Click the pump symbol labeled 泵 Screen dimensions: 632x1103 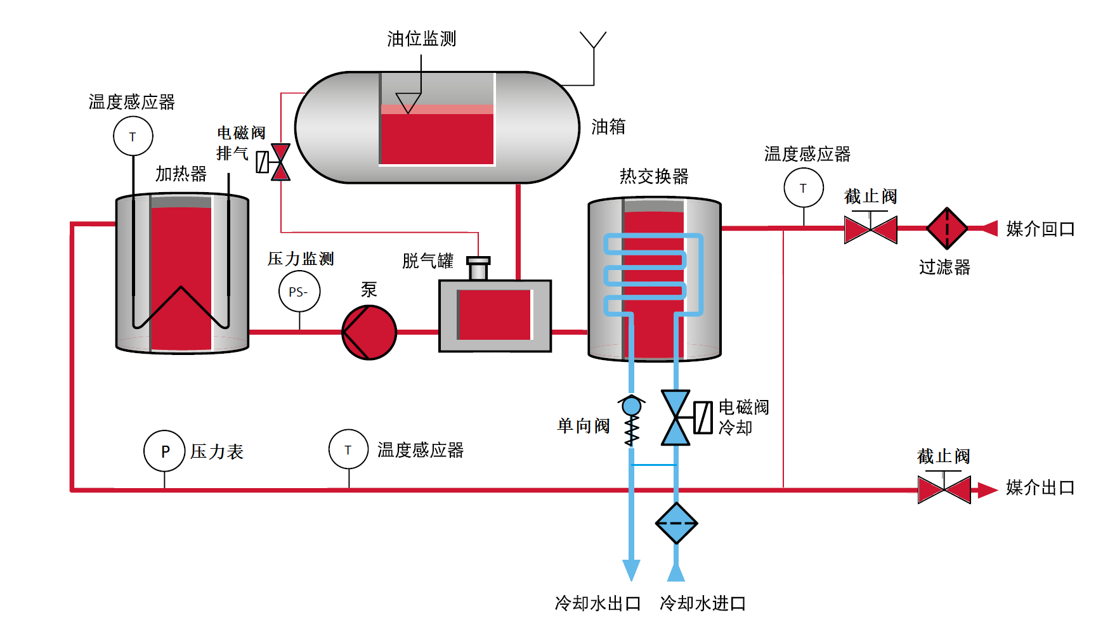pyautogui.click(x=369, y=332)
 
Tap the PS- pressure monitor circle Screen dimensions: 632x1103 pyautogui.click(x=299, y=292)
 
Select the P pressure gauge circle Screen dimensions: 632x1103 pyautogui.click(x=164, y=451)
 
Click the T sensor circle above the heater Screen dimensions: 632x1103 pyautogui.click(x=133, y=136)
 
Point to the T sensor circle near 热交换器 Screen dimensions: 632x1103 pyautogui.click(x=803, y=188)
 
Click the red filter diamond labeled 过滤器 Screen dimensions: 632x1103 pyautogui.click(x=946, y=228)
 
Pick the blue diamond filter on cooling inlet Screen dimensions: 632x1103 pyautogui.click(x=676, y=524)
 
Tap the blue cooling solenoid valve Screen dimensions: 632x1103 pyautogui.click(x=676, y=418)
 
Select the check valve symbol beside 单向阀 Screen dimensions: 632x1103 pyautogui.click(x=632, y=420)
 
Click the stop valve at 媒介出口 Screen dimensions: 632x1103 pyautogui.click(x=944, y=490)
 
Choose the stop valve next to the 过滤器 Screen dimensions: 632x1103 pyautogui.click(x=870, y=229)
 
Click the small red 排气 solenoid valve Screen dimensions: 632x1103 pyautogui.click(x=280, y=162)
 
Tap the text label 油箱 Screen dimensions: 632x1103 pyautogui.click(x=608, y=127)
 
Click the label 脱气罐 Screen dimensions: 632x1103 pyautogui.click(x=427, y=261)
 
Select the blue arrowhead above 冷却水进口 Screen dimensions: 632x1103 pyautogui.click(x=676, y=572)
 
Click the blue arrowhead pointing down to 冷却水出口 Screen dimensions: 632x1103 pyautogui.click(x=631, y=570)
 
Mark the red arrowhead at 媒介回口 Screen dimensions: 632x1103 pyautogui.click(x=989, y=228)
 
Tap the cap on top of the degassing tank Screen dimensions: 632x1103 pyautogui.click(x=478, y=261)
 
